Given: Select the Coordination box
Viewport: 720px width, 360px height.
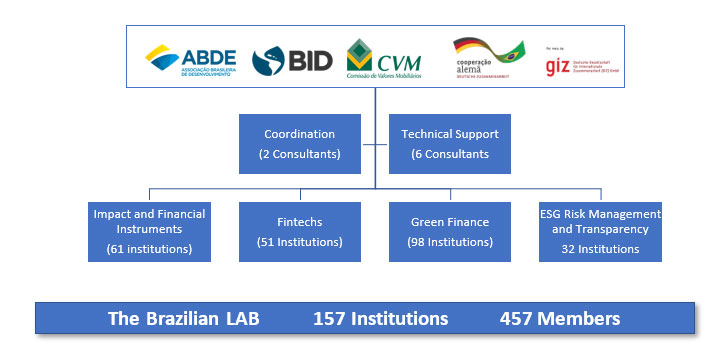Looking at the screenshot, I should pyautogui.click(x=299, y=144).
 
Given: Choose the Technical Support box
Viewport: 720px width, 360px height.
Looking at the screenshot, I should pyautogui.click(x=449, y=144).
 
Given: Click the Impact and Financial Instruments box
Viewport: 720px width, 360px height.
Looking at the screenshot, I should pyautogui.click(x=149, y=232).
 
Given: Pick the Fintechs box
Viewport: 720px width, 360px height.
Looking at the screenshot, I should pyautogui.click(x=299, y=232).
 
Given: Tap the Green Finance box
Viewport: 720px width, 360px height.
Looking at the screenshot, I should pyautogui.click(x=449, y=232).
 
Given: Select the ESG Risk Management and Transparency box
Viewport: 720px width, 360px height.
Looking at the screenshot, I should pyautogui.click(x=600, y=232).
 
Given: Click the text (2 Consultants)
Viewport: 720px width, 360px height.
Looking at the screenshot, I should pyautogui.click(x=299, y=154).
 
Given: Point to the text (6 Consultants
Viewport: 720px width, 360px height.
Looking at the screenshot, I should pyautogui.click(x=449, y=154).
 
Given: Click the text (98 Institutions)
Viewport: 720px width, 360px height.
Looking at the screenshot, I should pyautogui.click(x=449, y=242).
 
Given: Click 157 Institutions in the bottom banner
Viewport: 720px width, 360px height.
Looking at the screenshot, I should pyautogui.click(x=380, y=319).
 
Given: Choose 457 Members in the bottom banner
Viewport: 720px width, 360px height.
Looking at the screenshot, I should pyautogui.click(x=560, y=319).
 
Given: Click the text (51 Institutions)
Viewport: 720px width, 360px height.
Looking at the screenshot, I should pyautogui.click(x=299, y=242).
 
